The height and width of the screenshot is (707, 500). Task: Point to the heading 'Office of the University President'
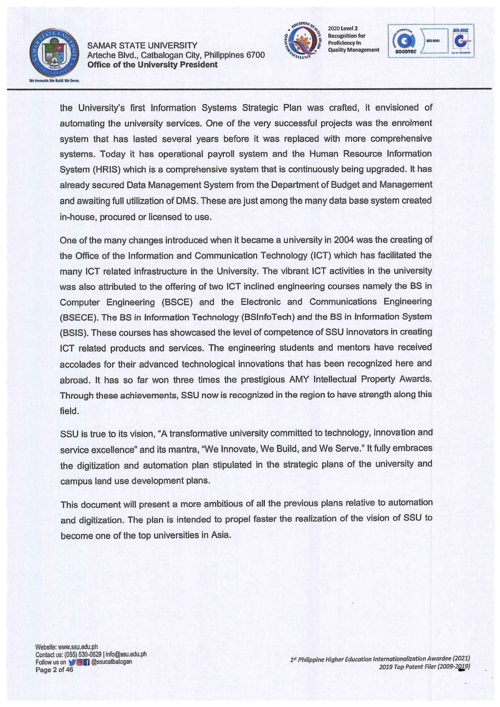152,65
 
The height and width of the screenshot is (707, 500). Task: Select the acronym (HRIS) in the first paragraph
106,169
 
